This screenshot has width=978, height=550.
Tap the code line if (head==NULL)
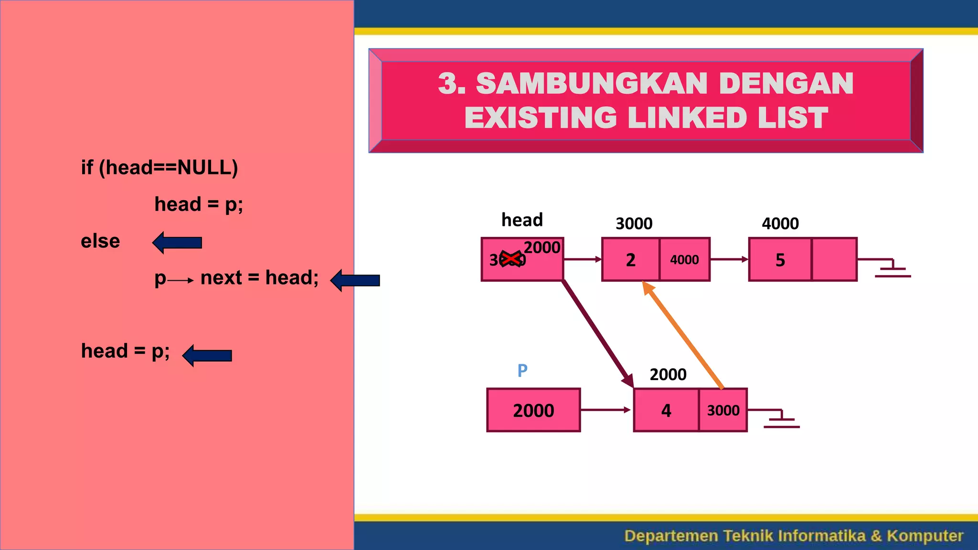point(159,168)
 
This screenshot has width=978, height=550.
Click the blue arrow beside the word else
point(177,243)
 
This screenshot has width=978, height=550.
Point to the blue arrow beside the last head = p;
point(207,356)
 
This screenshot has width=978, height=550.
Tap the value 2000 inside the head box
point(542,247)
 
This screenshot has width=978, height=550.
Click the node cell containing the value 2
point(630,260)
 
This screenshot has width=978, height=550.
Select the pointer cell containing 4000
point(684,260)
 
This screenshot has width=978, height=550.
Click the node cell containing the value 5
point(780,260)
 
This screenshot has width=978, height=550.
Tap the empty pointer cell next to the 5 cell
point(834,260)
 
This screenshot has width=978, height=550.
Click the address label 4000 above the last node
point(780,223)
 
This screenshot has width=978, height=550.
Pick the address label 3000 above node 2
point(634,223)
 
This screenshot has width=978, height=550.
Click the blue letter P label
point(522,370)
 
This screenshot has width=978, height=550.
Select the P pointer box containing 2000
point(533,410)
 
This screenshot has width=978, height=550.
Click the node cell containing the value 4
point(666,411)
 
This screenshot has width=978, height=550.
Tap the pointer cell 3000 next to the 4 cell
point(723,411)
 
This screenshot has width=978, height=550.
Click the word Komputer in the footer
point(925,536)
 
